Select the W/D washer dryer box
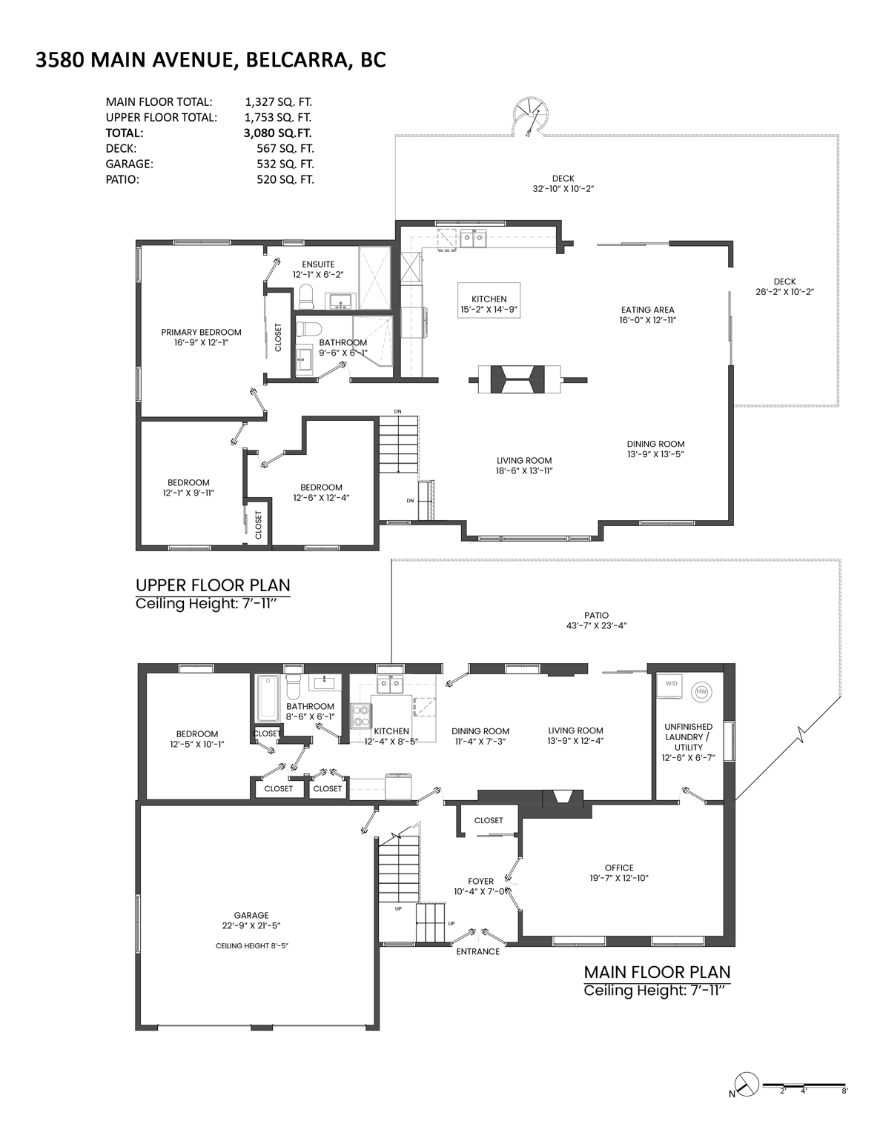pos(671,684)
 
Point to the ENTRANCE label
pos(477,951)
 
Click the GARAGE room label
pos(251,915)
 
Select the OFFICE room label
pos(618,868)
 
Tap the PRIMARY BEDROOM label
pos(201,333)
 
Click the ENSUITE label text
pos(318,264)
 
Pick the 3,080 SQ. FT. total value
pos(278,133)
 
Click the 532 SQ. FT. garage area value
pos(285,164)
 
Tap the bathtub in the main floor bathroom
pos(267,698)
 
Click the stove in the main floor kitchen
pos(361,716)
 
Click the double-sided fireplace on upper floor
pos(527,379)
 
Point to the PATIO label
pos(596,616)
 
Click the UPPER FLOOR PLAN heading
pos(213,585)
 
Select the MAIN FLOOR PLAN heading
pos(657,972)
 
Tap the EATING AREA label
pos(647,310)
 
